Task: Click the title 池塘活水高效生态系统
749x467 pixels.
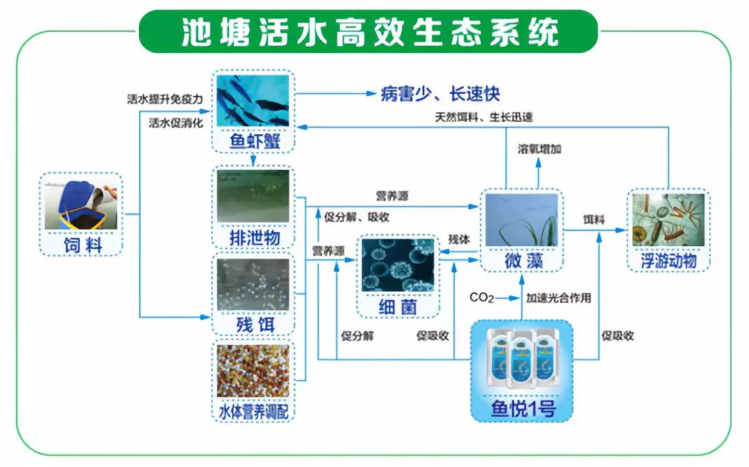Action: [369, 32]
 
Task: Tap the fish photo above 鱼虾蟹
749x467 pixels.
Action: [253, 101]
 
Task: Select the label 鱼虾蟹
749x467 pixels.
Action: [253, 141]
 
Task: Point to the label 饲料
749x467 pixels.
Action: [81, 244]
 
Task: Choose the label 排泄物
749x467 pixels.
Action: [253, 237]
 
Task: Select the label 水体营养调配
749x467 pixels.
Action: [253, 410]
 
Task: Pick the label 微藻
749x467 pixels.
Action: [521, 261]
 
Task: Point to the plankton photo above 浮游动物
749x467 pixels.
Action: [668, 219]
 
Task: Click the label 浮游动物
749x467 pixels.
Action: [668, 261]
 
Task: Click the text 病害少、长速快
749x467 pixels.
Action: [441, 94]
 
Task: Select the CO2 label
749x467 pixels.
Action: [481, 298]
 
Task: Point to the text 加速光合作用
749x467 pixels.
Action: [558, 299]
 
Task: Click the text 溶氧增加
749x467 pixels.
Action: [539, 149]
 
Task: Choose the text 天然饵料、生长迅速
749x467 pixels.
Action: [484, 117]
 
